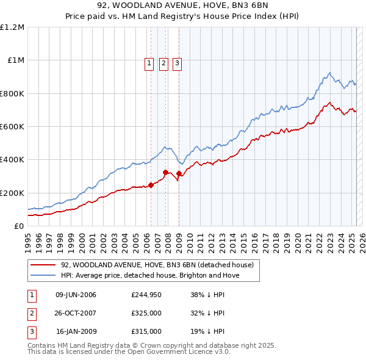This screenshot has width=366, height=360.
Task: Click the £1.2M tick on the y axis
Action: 12,27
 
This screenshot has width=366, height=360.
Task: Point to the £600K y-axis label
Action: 12,127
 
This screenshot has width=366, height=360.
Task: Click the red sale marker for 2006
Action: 151,185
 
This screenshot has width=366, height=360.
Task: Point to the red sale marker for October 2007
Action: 165,172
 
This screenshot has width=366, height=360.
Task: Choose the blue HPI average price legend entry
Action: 150,275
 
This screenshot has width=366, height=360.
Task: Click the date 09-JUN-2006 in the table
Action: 76,295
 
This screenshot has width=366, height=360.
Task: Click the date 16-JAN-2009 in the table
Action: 76,332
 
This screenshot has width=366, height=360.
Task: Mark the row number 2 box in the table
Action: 31,314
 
